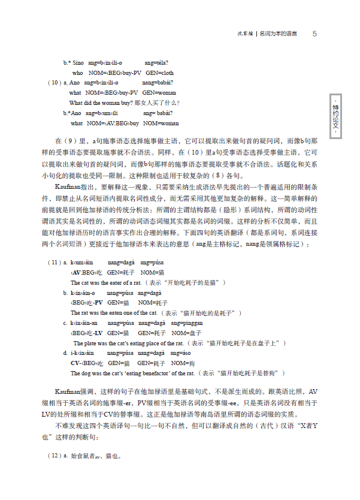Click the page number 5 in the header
tap(314, 34)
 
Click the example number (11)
tap(53, 263)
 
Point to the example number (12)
tap(53, 456)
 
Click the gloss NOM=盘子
tap(183, 333)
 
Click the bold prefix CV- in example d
tap(76, 363)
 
